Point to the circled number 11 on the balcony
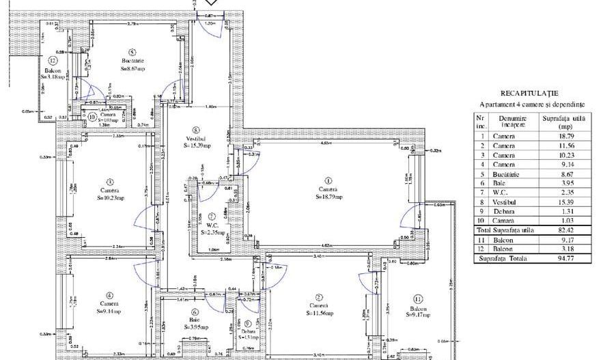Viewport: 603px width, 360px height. (x=418, y=299)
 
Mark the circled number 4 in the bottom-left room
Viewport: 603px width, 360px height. (x=109, y=295)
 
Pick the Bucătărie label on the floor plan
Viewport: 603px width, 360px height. (x=132, y=61)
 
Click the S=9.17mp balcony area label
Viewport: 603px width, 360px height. (x=417, y=314)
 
